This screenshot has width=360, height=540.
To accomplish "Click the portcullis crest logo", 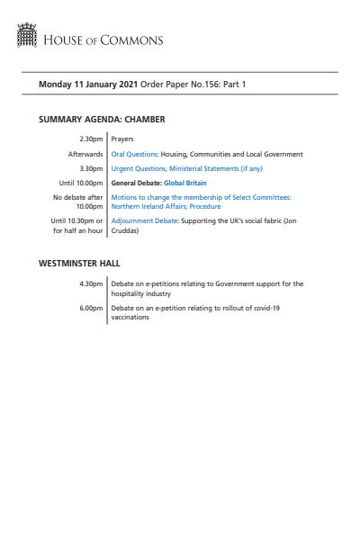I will click(x=27, y=36).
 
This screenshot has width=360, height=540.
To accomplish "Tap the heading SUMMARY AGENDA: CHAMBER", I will click(x=102, y=119).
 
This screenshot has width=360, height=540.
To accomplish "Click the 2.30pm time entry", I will click(x=92, y=139).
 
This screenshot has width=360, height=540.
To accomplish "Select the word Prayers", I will click(x=122, y=139).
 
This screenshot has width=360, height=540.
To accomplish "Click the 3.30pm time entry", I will click(x=92, y=168).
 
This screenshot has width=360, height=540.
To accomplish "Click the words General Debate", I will click(x=135, y=183).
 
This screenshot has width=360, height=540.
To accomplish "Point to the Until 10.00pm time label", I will click(x=82, y=183).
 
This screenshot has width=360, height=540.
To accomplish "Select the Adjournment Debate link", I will click(x=144, y=220).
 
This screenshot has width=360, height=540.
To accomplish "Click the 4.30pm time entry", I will click(x=92, y=284).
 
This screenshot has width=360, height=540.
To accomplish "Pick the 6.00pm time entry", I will click(x=92, y=308).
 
